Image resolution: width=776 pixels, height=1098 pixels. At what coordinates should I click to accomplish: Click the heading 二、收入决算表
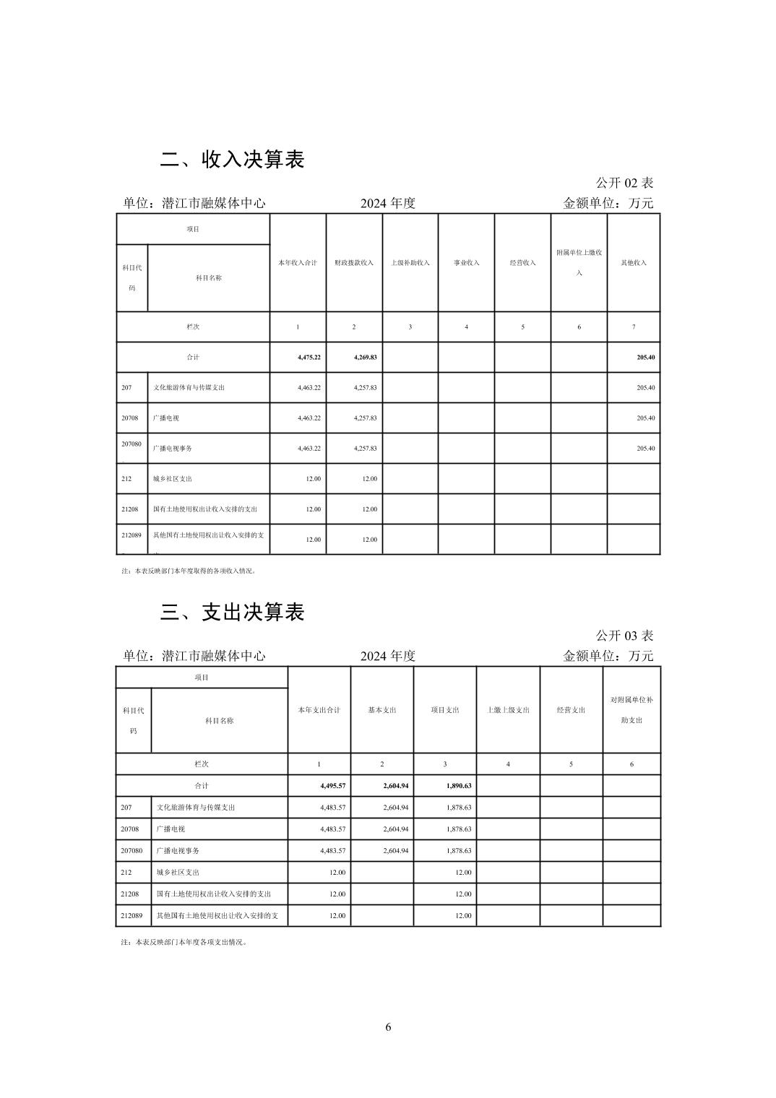(x=232, y=160)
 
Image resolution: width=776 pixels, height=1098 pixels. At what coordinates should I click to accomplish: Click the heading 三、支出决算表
(x=232, y=613)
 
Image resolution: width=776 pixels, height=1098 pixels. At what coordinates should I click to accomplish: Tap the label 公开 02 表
(x=624, y=183)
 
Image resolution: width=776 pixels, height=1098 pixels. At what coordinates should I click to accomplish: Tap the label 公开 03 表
(x=624, y=636)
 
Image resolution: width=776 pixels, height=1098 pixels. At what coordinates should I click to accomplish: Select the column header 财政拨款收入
(x=354, y=263)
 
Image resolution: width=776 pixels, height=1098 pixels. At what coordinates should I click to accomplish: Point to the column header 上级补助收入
(x=410, y=263)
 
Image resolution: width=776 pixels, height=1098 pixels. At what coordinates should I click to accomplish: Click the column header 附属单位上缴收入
(x=579, y=262)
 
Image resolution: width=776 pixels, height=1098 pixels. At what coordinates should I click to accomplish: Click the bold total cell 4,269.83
(x=365, y=358)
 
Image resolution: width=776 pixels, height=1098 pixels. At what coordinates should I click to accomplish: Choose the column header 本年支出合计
(x=319, y=710)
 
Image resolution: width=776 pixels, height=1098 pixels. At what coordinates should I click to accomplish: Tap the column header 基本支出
(x=382, y=710)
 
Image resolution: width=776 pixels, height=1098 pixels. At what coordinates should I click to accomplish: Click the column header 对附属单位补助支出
(x=631, y=710)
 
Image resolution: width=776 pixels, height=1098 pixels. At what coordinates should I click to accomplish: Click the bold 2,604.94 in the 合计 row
(x=396, y=786)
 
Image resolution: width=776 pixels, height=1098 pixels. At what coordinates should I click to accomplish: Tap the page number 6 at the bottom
(x=388, y=1027)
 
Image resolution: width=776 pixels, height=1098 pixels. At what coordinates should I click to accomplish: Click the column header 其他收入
(x=634, y=263)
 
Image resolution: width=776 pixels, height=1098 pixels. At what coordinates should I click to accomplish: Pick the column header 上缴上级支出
(x=508, y=710)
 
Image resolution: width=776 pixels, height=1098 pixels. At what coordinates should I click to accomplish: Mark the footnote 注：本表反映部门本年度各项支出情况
(x=184, y=942)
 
